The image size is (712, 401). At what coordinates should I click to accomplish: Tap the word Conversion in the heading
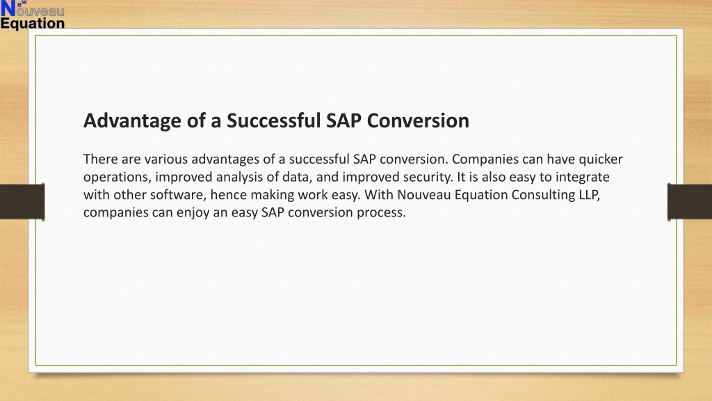[418, 120]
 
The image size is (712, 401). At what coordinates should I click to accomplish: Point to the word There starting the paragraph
[100, 159]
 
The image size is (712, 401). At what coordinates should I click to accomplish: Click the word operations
[117, 178]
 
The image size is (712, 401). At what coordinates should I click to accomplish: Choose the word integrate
[582, 178]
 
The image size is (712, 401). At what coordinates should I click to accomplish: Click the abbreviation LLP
[590, 195]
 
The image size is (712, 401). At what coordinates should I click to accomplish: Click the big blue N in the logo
[8, 9]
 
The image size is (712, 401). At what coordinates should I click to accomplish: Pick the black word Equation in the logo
[33, 23]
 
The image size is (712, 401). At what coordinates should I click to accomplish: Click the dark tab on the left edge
[22, 202]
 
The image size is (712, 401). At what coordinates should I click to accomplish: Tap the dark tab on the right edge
[690, 202]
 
